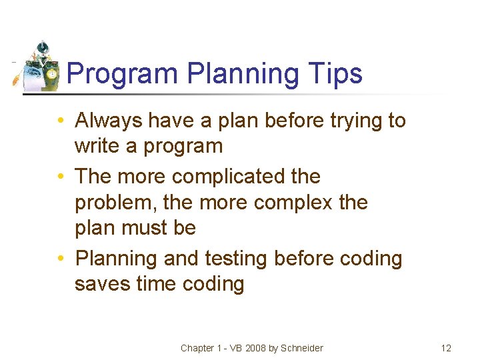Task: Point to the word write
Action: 97,146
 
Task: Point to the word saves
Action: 102,284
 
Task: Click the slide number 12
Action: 446,348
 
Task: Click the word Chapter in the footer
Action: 197,348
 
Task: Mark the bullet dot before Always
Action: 61,121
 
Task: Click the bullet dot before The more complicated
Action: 61,177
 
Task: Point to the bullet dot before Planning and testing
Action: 61,259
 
